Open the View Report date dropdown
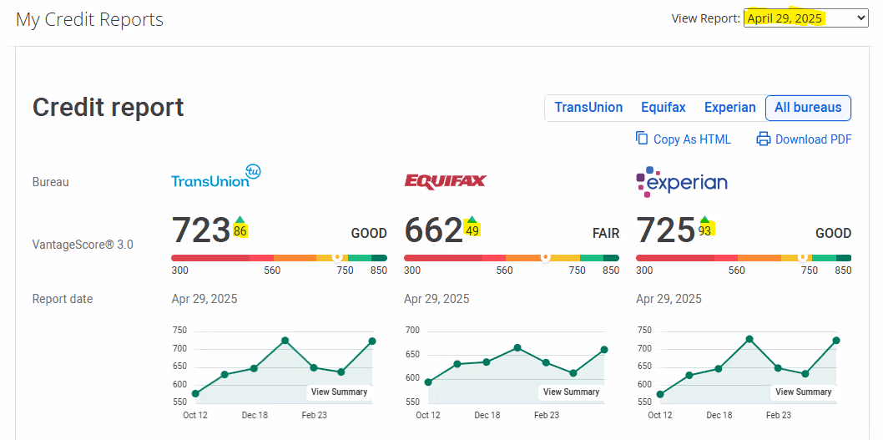pos(805,18)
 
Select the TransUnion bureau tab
pos(588,108)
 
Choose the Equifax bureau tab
pos(664,108)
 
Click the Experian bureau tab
pos(730,108)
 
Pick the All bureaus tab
pos(808,108)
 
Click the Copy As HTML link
pos(691,139)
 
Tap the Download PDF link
pos(813,139)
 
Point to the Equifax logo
pos(445,181)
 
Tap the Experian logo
pos(682,181)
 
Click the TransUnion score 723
pos(201,230)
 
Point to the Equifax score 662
pos(433,230)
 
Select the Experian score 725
pos(665,230)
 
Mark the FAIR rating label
pos(605,234)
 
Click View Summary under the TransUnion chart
pos(339,392)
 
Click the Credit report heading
pos(108,108)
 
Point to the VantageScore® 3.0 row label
pos(83,245)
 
